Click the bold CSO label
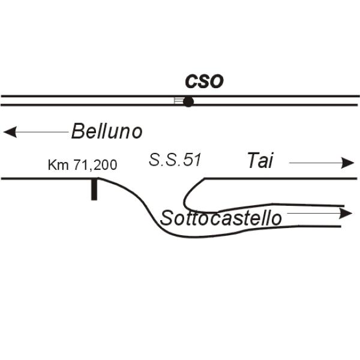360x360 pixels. tap(204, 82)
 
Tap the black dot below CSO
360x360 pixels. tap(188, 102)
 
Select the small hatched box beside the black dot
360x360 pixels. tap(178, 101)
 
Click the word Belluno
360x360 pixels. tap(107, 131)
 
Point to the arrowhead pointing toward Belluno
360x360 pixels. tap(10, 132)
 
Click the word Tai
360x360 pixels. tap(260, 160)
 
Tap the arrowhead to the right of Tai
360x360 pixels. tap(347, 163)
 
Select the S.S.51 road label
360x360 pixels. tap(175, 160)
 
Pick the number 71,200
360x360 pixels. tap(95, 165)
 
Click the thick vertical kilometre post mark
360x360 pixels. tap(94, 190)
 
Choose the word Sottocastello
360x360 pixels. tap(221, 218)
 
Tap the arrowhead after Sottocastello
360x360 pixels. tap(346, 213)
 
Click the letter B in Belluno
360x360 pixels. tap(77, 131)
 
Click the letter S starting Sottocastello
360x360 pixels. tap(166, 218)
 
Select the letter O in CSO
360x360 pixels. tap(216, 82)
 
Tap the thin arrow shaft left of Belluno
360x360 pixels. tap(43, 132)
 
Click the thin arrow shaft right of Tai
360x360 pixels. tap(315, 163)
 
